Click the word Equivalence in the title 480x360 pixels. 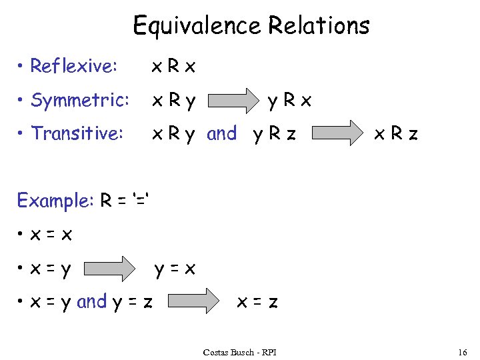pos(197,26)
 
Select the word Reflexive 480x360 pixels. pos(74,66)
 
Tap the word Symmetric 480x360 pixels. pos(80,101)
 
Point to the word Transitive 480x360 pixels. pos(77,134)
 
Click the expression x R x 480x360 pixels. pos(174,66)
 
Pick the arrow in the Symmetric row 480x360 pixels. pos(234,101)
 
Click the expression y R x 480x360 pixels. pos(289,101)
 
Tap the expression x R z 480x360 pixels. pos(395,134)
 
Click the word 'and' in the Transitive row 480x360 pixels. pos(222,134)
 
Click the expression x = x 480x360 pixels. pos(51,235)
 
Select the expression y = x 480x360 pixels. pos(175,269)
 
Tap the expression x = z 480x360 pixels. pos(257,303)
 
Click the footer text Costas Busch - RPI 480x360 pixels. pos(240,351)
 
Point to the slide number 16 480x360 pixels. pos(463,351)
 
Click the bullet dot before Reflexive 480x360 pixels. pos(22,66)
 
